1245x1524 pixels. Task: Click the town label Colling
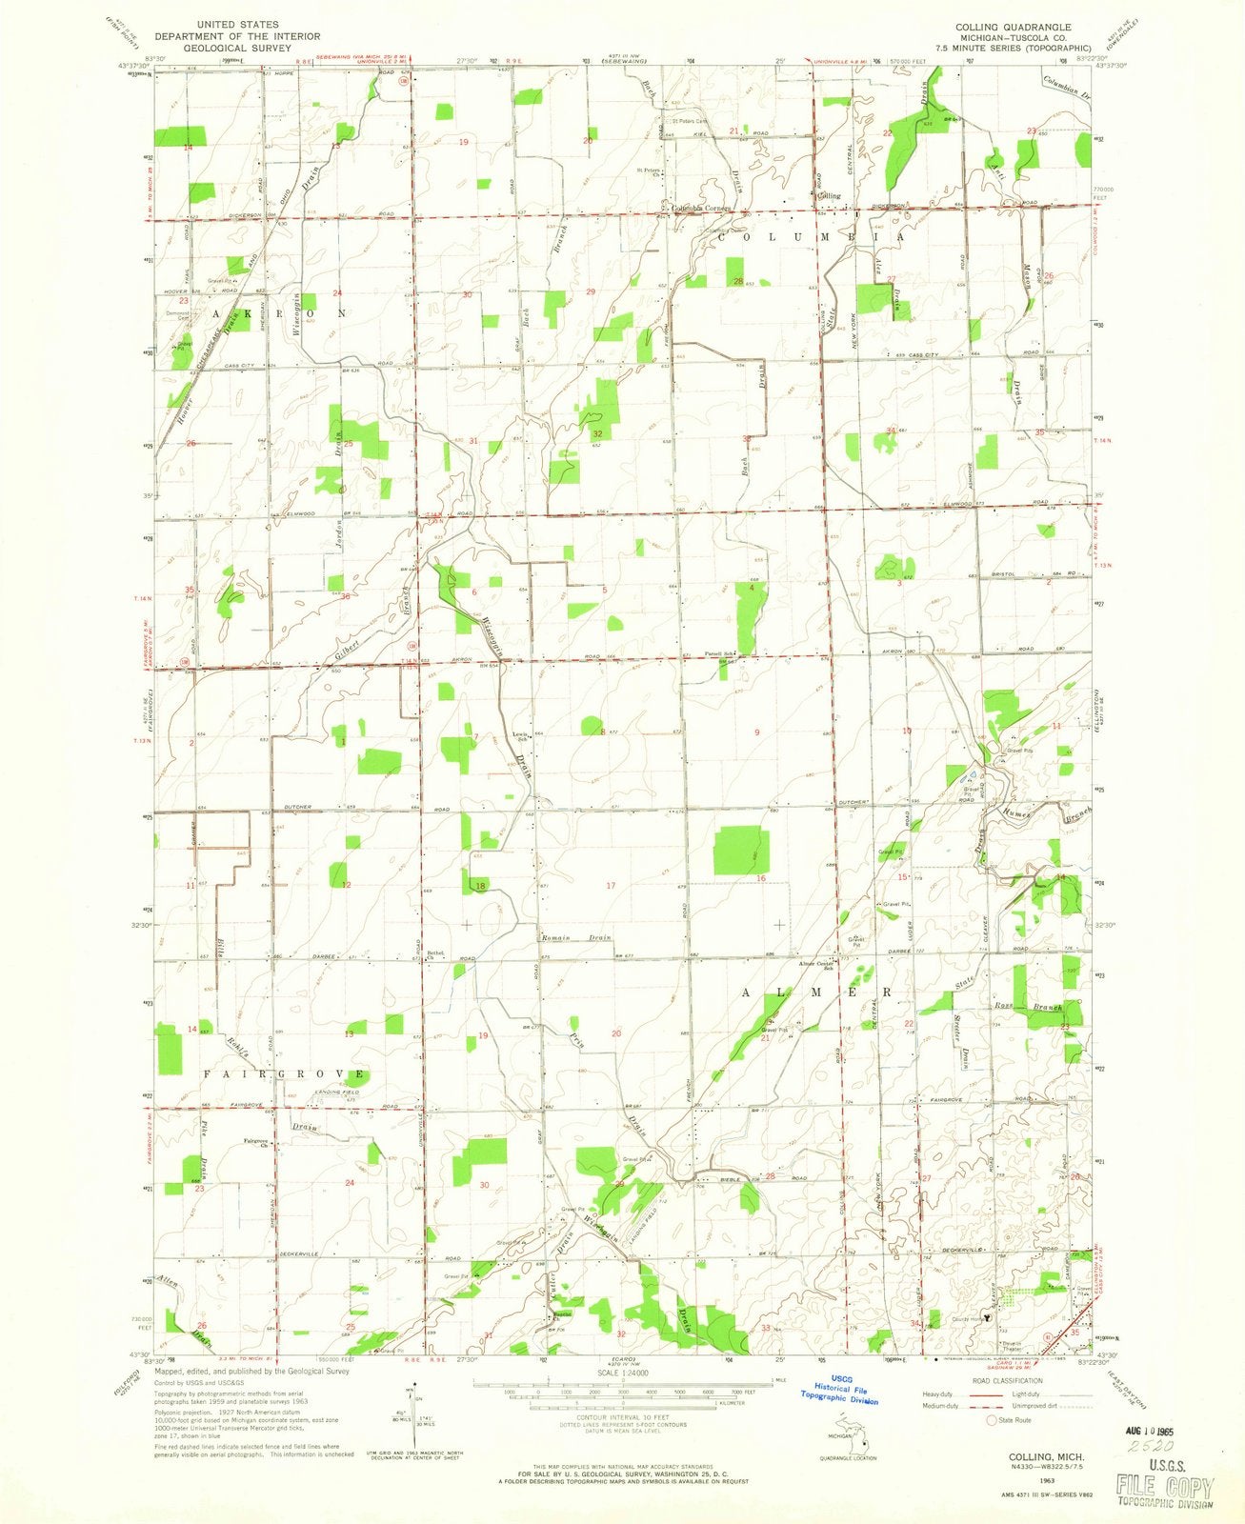[830, 195]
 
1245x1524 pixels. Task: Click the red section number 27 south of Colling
[892, 279]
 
